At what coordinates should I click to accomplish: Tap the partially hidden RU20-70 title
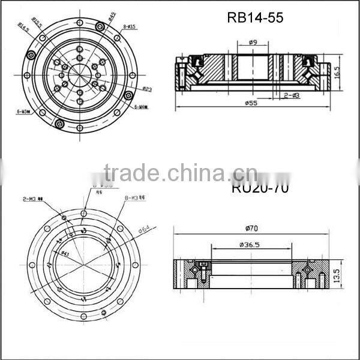(260, 188)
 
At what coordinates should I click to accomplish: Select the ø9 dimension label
(253, 43)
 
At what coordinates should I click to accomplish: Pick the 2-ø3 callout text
(292, 95)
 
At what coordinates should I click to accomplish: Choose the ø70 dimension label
(253, 228)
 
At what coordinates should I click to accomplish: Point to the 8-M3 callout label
(132, 197)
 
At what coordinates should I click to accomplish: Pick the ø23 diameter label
(146, 89)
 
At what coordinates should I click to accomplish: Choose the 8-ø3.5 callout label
(129, 27)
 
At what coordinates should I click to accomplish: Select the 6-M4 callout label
(141, 107)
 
